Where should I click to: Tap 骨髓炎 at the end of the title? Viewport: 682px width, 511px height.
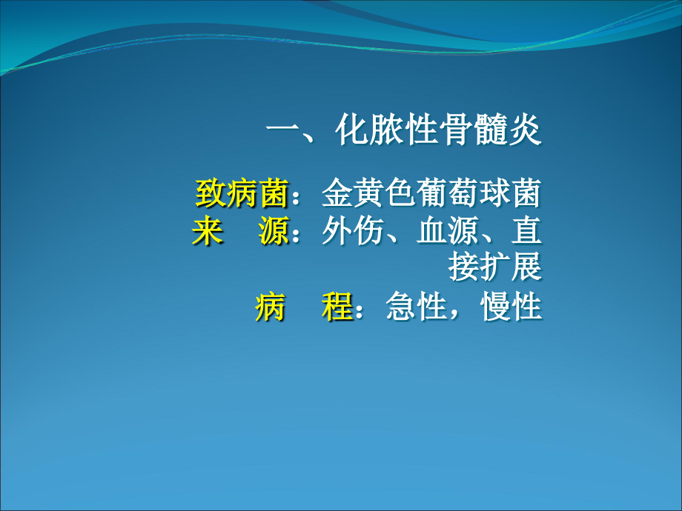point(490,129)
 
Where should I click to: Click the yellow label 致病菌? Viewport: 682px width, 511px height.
point(242,193)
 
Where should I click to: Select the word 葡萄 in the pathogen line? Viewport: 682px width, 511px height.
point(448,193)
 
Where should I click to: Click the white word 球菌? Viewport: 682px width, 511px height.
point(511,193)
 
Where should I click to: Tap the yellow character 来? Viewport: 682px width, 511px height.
point(208,230)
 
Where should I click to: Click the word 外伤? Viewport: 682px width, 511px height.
point(353,230)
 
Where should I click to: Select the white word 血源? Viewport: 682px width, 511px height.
point(448,230)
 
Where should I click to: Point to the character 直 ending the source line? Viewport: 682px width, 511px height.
point(526,230)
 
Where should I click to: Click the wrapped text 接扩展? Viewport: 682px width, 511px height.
point(495,267)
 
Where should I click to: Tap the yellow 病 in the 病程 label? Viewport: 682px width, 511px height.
point(271,307)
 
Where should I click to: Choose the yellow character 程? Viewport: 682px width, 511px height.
point(337,307)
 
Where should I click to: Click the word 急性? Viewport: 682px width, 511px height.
point(417,307)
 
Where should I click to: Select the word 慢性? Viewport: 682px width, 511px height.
point(511,307)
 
